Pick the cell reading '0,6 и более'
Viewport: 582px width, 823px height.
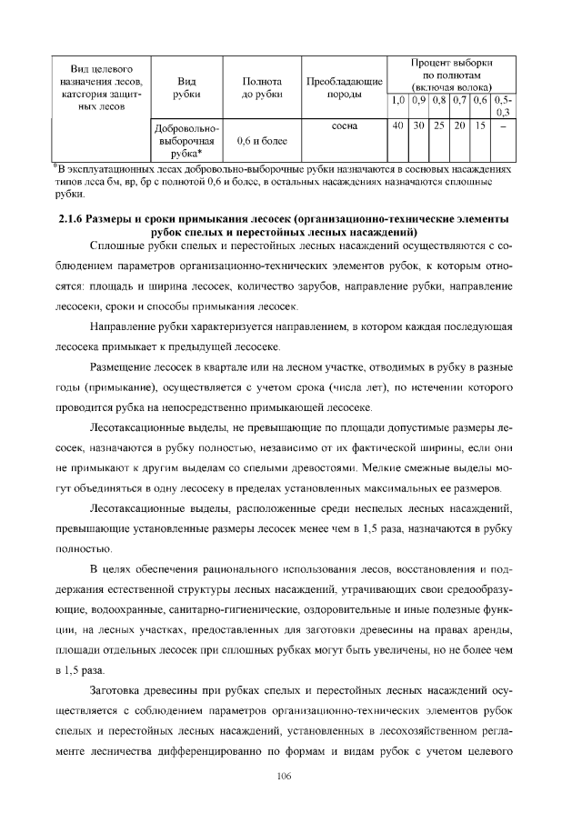[x=261, y=142]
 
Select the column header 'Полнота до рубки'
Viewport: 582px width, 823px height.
[x=261, y=87]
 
